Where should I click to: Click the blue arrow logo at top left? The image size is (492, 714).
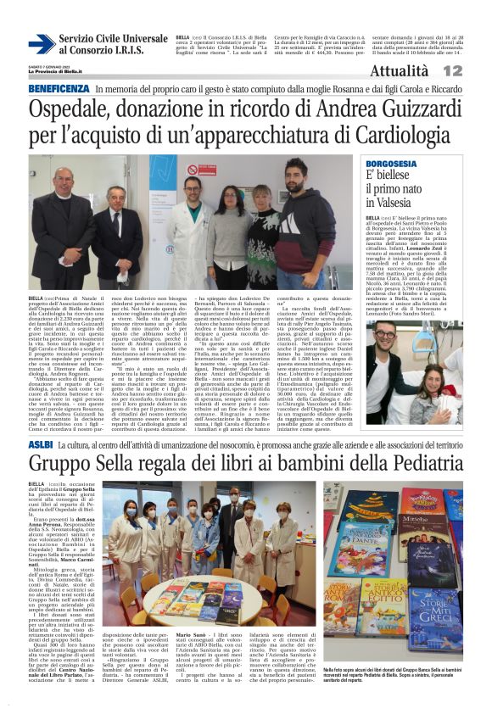(x=41, y=44)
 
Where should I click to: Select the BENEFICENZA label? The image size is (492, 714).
(x=59, y=89)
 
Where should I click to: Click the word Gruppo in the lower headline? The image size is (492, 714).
(x=62, y=465)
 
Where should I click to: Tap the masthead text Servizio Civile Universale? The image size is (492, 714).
(x=114, y=39)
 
